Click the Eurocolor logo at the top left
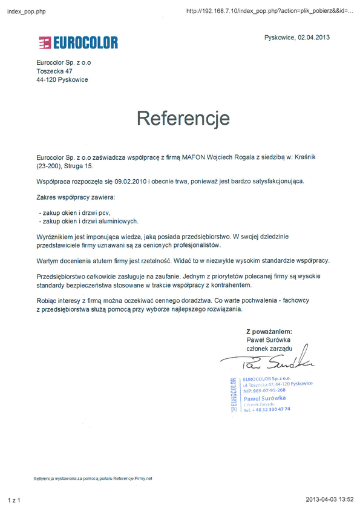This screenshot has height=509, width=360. pyautogui.click(x=79, y=42)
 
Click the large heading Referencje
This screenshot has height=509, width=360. pyautogui.click(x=183, y=117)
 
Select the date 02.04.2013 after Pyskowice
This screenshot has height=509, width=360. pyautogui.click(x=313, y=38)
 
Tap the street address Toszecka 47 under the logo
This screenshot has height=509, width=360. pyautogui.click(x=54, y=71)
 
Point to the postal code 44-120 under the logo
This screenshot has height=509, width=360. pyautogui.click(x=46, y=80)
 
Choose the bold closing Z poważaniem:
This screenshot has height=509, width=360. pyautogui.click(x=269, y=332)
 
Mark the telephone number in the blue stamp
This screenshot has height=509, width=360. pyautogui.click(x=267, y=409)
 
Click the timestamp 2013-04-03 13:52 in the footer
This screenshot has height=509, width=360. pyautogui.click(x=330, y=501)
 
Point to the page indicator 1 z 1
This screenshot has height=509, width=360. pyautogui.click(x=14, y=501)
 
